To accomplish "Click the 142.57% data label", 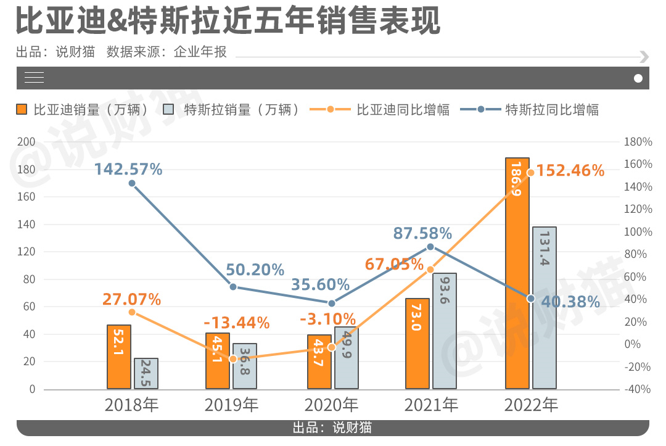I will tap(128, 169).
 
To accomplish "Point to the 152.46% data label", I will tap(570, 170).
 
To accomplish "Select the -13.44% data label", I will tap(237, 323).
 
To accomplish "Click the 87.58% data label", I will tap(422, 234).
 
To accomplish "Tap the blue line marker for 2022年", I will tap(530, 299).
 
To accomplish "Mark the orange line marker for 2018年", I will tap(132, 313).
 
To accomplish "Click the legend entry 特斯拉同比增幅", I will tap(552, 110).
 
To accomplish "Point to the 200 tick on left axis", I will tap(27, 142).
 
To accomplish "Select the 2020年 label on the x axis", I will tap(331, 405).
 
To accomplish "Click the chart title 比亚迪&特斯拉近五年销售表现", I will tap(228, 21).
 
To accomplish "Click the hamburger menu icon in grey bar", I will tap(35, 78).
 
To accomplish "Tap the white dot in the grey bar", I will tap(638, 78).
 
